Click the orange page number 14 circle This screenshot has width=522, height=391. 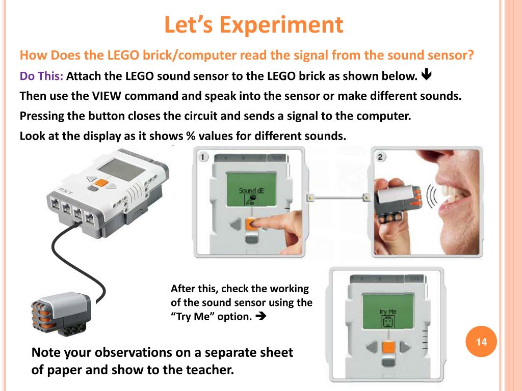pos(481,342)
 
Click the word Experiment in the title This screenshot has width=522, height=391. pos(281,25)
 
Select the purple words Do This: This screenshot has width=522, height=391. pos(41,76)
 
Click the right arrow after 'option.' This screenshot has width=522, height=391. pos(261,316)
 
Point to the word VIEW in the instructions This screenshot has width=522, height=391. pos(107,96)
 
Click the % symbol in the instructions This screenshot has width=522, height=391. pos(191,136)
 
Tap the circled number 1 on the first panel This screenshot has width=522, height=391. pos(203,157)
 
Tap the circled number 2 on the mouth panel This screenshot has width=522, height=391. pos(380,157)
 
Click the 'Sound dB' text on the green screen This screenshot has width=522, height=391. pos(251,190)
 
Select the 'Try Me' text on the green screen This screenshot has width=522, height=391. pos(388,312)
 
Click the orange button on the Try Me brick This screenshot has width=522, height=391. pos(388,347)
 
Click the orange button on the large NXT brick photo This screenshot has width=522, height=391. pos(101,183)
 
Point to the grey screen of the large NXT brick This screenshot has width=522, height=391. pos(122,170)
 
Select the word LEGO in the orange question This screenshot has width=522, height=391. pos(123,55)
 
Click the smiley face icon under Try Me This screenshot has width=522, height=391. pos(388,322)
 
